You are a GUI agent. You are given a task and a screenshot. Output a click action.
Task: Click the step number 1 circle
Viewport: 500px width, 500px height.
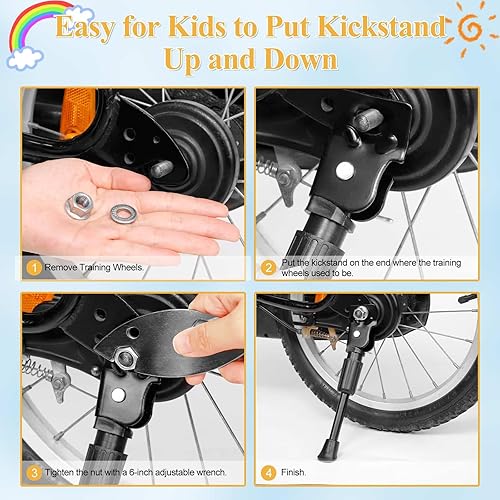[x=33, y=268]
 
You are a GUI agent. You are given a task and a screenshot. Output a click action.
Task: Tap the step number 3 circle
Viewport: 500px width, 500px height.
[x=33, y=472]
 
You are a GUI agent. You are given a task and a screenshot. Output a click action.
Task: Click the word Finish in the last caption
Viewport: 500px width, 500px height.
[x=298, y=472]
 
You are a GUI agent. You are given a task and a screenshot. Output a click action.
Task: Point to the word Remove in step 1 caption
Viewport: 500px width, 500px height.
[x=65, y=268]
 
